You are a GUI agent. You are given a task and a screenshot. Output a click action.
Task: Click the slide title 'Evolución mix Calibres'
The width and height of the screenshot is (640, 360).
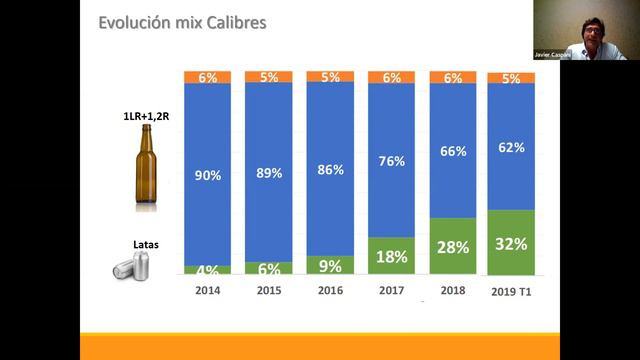(x=182, y=22)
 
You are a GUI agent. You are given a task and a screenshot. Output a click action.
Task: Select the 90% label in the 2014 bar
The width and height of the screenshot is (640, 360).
(x=208, y=175)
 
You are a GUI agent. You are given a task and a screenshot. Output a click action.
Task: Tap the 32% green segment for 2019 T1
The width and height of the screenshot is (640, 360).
(x=510, y=243)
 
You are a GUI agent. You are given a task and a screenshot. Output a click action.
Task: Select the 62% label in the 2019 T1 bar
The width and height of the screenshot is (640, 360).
(x=510, y=148)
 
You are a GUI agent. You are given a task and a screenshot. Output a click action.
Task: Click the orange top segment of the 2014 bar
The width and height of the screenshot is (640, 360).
(x=208, y=77)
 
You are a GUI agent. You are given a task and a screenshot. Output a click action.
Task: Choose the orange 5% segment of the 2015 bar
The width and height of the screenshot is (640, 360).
(x=268, y=77)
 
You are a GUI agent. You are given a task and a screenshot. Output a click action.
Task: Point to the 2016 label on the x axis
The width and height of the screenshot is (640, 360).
(x=329, y=290)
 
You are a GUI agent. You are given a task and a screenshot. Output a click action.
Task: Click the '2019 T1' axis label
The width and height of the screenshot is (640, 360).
(x=510, y=291)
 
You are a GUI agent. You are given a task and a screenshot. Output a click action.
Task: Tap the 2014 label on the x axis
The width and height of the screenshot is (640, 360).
(x=207, y=290)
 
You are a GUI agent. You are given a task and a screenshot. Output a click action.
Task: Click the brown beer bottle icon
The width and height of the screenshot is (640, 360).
(x=148, y=173)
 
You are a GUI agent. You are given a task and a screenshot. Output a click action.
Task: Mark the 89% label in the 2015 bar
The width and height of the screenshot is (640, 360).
(x=268, y=172)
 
